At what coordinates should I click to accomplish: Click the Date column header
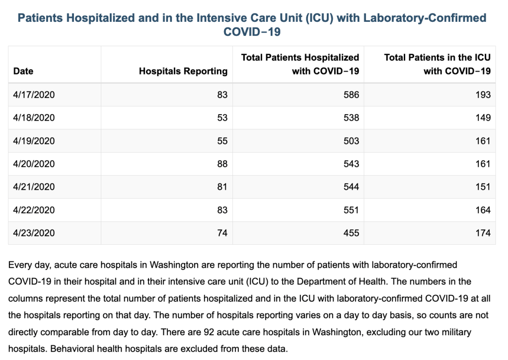click(x=23, y=71)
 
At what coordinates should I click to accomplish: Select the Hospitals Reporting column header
click(x=183, y=71)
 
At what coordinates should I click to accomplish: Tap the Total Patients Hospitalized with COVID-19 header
click(x=300, y=64)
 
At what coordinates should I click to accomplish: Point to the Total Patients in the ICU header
click(x=437, y=64)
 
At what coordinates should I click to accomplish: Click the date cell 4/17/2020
click(x=34, y=95)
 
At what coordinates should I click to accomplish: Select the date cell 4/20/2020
click(x=34, y=164)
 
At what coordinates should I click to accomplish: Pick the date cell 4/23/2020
click(x=34, y=233)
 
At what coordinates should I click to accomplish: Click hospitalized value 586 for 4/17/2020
click(x=352, y=95)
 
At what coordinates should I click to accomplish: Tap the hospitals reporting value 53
click(x=222, y=118)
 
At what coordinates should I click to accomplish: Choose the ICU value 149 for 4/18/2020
click(x=483, y=118)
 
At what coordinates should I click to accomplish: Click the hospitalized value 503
click(x=352, y=141)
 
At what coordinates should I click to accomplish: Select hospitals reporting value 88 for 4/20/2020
click(x=222, y=164)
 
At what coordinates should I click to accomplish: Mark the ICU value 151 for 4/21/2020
click(x=483, y=187)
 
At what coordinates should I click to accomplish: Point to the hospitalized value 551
click(x=352, y=210)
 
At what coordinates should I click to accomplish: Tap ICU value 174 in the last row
click(x=483, y=233)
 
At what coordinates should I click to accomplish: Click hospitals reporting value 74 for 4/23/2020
click(x=222, y=233)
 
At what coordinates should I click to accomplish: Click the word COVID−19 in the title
click(x=252, y=32)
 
